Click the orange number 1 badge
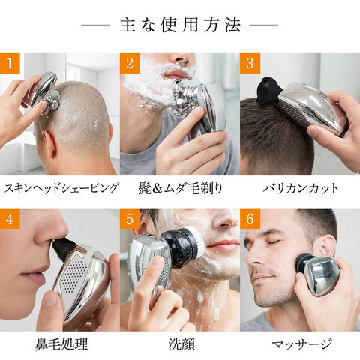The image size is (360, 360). click(x=10, y=63)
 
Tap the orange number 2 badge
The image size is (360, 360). click(x=130, y=63)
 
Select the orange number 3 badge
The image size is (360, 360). click(x=250, y=63)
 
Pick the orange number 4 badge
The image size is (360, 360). click(x=10, y=219)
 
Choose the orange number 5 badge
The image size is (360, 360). click(x=130, y=219)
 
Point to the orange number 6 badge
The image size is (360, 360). click(x=250, y=219)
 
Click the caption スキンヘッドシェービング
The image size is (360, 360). click(x=61, y=188)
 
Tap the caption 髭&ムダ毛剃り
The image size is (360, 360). click(x=180, y=188)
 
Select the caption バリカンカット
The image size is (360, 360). click(x=301, y=188)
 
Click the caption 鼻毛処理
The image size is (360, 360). click(x=61, y=344)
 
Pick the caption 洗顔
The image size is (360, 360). click(x=181, y=344)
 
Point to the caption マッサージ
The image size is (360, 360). click(x=301, y=344)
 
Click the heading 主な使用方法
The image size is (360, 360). click(x=180, y=25)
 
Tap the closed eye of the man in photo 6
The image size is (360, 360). click(x=274, y=241)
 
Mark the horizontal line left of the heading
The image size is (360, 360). click(x=95, y=25)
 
